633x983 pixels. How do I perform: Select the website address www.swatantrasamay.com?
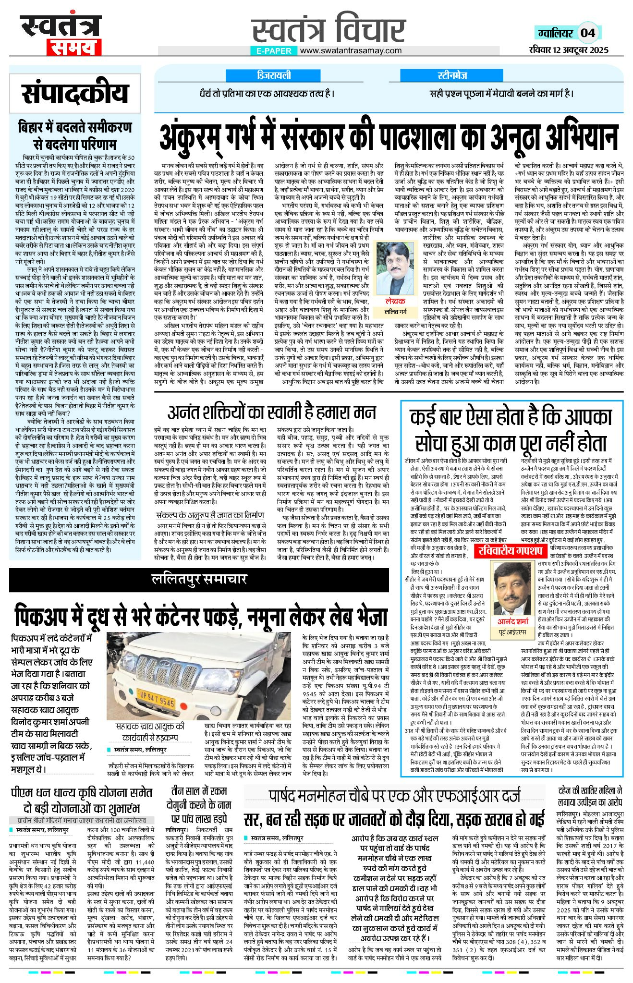coord(351,50)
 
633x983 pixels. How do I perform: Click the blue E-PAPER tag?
coord(274,50)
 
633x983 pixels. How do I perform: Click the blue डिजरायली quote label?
coord(274,75)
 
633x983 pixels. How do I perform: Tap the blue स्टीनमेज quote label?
coord(452,75)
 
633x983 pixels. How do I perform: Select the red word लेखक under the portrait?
coord(395,301)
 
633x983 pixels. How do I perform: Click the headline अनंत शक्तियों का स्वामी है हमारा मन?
coord(272,412)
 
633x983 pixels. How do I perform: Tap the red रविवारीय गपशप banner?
coord(511,550)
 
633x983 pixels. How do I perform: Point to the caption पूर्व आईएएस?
coord(512,632)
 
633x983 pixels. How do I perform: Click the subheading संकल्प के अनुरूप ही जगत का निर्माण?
coord(210,515)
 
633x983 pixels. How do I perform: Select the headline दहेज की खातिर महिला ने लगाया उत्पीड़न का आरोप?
coord(590,796)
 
